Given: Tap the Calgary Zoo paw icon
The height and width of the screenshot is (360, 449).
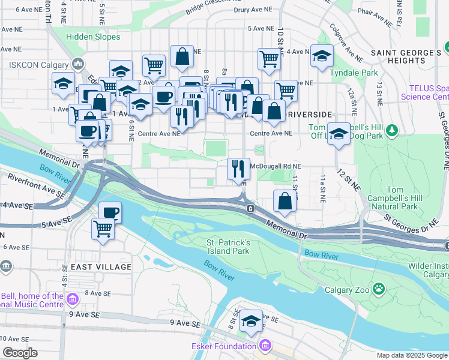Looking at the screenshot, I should (378, 289).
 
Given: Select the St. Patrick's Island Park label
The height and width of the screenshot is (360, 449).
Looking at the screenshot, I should (228, 247).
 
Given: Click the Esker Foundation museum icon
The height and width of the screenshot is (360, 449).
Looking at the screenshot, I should (265, 346).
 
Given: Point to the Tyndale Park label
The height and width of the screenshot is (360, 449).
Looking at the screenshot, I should (354, 73).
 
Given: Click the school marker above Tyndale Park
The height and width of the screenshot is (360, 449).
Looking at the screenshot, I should (322, 56).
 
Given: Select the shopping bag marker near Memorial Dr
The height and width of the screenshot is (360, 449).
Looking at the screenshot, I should (285, 202).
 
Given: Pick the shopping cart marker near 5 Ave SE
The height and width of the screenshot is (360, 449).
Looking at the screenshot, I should (103, 229).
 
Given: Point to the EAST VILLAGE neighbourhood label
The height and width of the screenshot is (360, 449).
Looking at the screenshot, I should (101, 266).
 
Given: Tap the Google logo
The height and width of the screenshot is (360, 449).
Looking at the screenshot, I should (20, 353).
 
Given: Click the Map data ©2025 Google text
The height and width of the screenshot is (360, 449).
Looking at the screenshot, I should (412, 355).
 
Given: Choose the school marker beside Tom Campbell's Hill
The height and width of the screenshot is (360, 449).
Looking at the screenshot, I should (339, 134).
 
